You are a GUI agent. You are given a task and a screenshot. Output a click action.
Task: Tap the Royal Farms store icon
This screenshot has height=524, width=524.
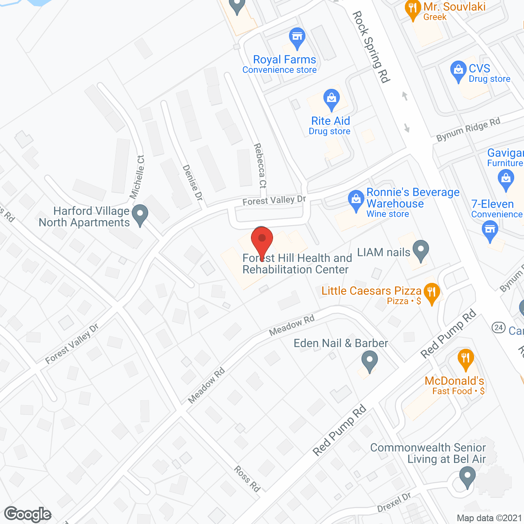[x=297, y=37]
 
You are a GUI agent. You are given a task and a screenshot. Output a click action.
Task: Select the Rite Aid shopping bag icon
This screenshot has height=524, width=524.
[x=331, y=99]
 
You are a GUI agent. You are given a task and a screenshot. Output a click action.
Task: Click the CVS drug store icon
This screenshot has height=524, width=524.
[x=458, y=71]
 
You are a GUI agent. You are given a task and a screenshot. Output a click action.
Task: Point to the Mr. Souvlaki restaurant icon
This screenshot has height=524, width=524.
[x=413, y=9]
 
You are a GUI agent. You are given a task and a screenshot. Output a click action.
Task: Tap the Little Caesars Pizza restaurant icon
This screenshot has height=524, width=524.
[x=431, y=293]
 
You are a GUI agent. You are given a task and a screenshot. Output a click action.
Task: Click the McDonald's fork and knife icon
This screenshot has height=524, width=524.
[x=465, y=359]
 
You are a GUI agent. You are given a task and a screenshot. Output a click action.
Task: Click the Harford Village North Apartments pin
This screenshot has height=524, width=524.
[x=140, y=214]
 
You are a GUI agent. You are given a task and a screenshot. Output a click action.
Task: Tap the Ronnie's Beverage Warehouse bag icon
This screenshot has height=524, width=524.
[x=356, y=199]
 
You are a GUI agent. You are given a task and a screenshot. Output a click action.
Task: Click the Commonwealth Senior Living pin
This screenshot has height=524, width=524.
[x=467, y=477]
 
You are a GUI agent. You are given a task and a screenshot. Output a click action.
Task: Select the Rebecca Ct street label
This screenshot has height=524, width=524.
[x=260, y=165]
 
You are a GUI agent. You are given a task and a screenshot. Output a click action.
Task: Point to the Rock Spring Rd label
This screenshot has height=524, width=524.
[x=371, y=47]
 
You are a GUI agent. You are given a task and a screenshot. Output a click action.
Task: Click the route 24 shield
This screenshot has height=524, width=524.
[x=498, y=327]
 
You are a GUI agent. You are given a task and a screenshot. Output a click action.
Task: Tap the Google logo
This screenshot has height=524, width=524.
[x=28, y=514]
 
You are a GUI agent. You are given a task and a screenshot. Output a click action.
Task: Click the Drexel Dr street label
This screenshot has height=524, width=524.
[x=394, y=502]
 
